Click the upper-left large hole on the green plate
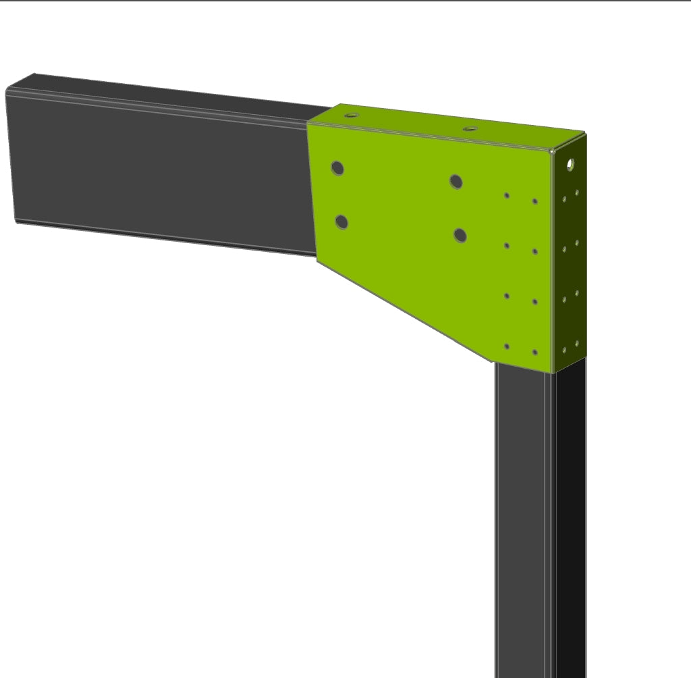(x=338, y=168)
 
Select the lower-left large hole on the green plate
(x=341, y=221)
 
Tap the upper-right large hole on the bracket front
(x=456, y=181)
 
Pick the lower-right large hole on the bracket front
(x=460, y=235)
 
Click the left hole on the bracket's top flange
(x=350, y=115)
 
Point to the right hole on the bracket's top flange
(x=470, y=128)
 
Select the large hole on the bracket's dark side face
(x=571, y=163)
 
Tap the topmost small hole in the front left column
(x=507, y=196)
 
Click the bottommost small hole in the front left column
(x=507, y=346)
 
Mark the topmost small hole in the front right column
(x=535, y=201)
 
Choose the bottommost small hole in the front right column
(x=535, y=352)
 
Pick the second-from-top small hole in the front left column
(x=507, y=246)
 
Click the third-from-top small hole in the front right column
(x=535, y=301)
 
